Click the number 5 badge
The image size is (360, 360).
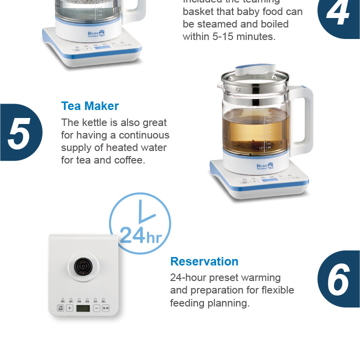click(20, 133)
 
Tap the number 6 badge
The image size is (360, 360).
click(339, 279)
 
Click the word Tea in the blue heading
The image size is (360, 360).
click(71, 106)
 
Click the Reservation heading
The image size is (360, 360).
click(204, 261)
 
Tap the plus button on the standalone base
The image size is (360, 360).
click(69, 308)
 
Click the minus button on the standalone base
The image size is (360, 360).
click(96, 308)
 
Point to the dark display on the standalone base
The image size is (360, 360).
click(83, 308)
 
